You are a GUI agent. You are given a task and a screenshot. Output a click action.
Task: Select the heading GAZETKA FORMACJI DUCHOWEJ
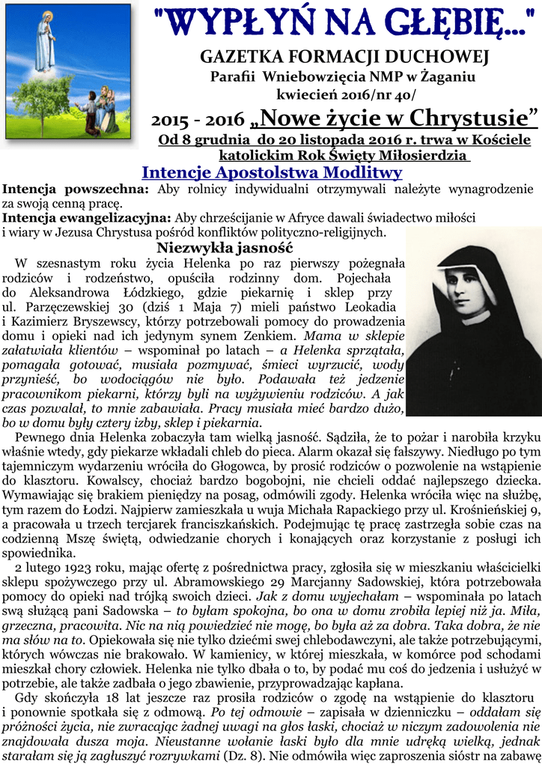coord(344,57)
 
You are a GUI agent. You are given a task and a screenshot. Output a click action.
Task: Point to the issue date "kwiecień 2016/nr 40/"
coord(344,94)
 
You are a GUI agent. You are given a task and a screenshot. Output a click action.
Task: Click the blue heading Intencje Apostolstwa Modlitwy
coord(272,172)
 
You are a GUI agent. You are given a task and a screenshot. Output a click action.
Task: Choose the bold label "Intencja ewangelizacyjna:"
coord(87,218)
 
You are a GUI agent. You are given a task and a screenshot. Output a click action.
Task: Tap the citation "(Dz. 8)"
coord(245,756)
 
